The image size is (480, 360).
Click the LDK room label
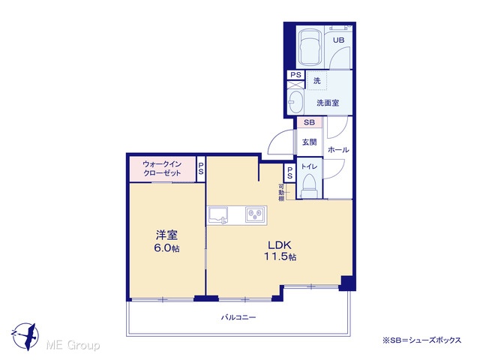coord(280,245)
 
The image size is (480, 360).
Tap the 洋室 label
coord(166,235)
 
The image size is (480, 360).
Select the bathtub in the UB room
coord(310,47)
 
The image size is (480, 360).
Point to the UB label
coord(338,40)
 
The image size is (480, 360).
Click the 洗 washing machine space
coord(317,80)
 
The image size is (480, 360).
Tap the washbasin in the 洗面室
coord(295,102)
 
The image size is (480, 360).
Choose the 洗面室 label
coord(328,103)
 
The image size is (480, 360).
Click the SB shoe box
coord(309,122)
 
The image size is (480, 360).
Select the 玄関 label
coord(309,142)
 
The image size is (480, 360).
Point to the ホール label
coord(338,150)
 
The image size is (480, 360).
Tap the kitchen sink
coord(218,215)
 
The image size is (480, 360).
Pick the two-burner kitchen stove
coord(256,214)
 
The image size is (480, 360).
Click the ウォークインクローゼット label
coord(162,168)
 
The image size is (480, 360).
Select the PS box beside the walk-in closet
coord(201,169)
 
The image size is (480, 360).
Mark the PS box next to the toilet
coord(289,173)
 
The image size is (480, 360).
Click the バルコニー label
coord(238,317)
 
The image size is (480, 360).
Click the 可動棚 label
coord(281,193)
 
